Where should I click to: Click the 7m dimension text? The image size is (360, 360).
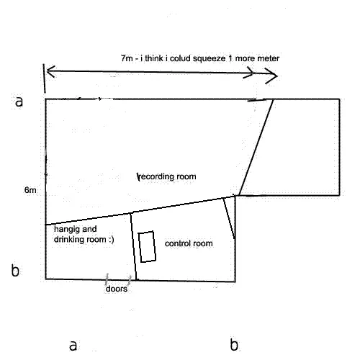pos(127,58)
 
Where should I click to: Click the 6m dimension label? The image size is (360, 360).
pos(30,190)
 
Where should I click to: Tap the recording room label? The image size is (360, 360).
pos(167,176)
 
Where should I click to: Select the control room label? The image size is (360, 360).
pos(189,243)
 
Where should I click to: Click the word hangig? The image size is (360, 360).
pos(65,230)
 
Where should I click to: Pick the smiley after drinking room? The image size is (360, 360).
pos(112,240)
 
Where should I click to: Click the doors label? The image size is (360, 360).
pos(117,289)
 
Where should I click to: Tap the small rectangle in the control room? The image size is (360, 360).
pos(147,247)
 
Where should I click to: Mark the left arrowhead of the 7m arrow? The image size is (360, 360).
pos(50,71)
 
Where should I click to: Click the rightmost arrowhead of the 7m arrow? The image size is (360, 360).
pos(271,76)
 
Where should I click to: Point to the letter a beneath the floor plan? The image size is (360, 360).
pos(73,346)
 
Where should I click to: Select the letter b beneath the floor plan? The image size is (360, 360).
pos(234,345)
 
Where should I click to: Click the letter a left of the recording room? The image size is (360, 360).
pos(19,102)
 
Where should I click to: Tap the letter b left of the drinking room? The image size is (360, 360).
pos(15,270)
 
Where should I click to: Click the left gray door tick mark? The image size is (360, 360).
pos(107,279)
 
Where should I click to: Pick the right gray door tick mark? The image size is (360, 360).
pos(130,280)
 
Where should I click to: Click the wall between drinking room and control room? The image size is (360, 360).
pos(133,246)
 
